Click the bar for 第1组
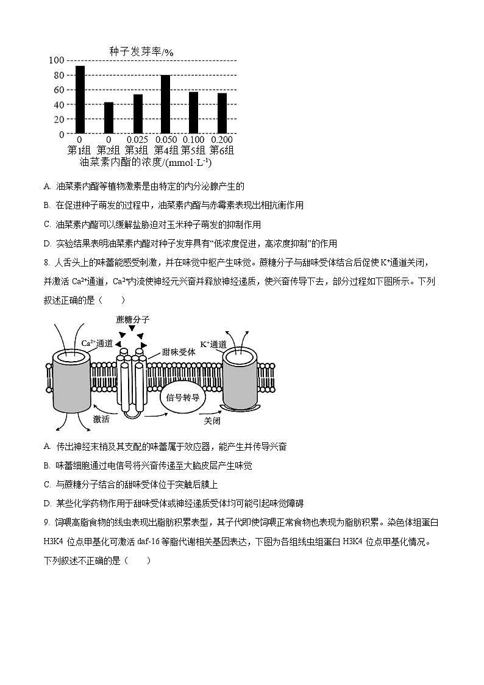pos(80,99)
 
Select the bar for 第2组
pos(109,118)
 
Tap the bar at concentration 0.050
pos(165,104)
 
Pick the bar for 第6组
pos(222,113)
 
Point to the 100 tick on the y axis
pos(56,60)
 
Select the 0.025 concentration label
pos(137,140)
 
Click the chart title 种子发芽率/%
pos(141,52)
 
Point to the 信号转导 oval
pos(182,397)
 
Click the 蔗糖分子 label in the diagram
pos(132,320)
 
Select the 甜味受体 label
pos(179,352)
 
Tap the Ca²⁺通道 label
pos(97,343)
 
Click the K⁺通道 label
pos(213,344)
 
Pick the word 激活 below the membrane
pos(101,419)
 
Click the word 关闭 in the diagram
pos(212,421)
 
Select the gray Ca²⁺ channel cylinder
pos(73,384)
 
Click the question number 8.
pos(46,263)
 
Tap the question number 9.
pos(46,522)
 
